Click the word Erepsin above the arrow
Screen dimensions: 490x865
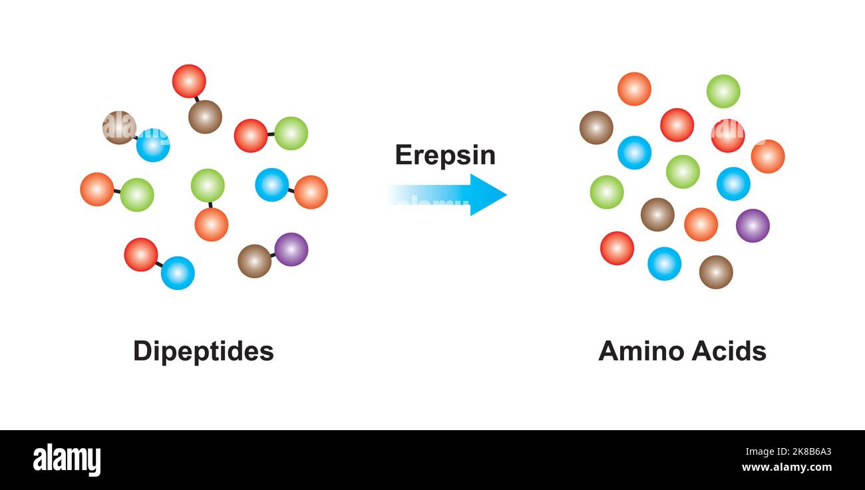444,155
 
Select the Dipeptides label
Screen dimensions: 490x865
203,351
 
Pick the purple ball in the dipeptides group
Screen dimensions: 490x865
291,249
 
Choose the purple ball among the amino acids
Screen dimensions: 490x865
752,225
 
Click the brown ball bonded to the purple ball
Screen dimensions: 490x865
254,261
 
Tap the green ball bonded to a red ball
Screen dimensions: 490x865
291,133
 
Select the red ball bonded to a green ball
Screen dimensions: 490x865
251,136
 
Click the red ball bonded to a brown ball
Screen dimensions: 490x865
189,81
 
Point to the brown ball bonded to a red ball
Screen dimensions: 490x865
205,117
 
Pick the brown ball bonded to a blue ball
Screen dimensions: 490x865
119,128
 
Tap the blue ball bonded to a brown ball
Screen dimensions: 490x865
153,145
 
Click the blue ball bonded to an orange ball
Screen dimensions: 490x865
271,184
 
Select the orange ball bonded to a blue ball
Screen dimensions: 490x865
311,192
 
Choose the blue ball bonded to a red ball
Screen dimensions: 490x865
178,273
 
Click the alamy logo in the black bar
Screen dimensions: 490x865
67,460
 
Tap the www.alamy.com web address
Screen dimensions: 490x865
787,467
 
